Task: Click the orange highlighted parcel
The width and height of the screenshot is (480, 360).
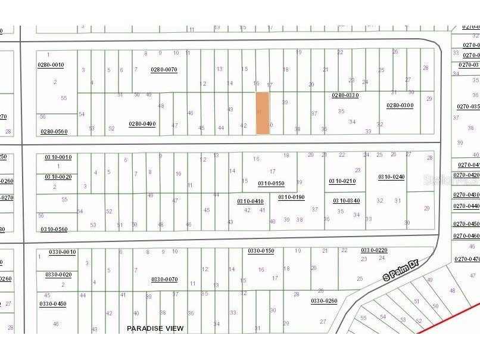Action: click(x=262, y=113)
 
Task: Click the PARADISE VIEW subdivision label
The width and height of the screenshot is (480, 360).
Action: click(x=155, y=328)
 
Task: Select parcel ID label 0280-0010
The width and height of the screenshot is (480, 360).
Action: click(x=52, y=65)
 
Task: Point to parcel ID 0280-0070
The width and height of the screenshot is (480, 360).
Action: click(x=164, y=70)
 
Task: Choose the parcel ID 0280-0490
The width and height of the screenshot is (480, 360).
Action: click(x=142, y=124)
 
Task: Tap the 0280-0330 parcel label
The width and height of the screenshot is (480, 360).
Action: click(x=345, y=95)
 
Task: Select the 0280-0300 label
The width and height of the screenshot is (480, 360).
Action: click(x=400, y=105)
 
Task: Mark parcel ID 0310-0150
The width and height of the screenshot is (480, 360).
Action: click(x=272, y=184)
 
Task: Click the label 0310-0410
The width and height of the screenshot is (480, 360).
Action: click(x=250, y=201)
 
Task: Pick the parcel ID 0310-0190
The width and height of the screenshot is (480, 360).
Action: click(x=291, y=197)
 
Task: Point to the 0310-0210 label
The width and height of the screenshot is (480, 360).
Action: click(x=342, y=181)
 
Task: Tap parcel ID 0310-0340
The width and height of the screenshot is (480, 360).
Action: click(x=346, y=201)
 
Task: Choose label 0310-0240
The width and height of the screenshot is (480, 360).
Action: click(x=391, y=177)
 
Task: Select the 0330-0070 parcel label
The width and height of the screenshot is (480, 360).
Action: click(x=164, y=280)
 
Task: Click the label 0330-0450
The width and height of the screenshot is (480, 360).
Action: click(x=53, y=304)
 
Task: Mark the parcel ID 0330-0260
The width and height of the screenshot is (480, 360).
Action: click(x=324, y=301)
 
